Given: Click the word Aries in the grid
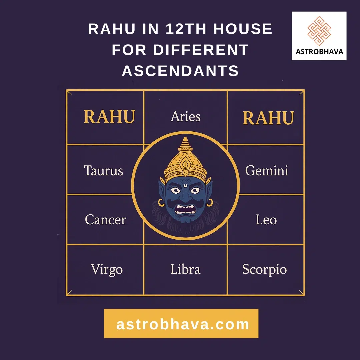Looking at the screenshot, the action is tap(186, 116).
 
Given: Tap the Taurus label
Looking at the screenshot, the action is tap(104, 171).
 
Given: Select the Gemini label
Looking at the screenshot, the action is tap(267, 171).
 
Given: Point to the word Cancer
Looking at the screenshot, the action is tap(105, 219).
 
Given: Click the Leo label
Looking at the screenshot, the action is tap(266, 219).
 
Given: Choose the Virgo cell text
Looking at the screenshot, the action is tap(107, 270).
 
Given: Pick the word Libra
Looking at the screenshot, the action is tap(185, 269).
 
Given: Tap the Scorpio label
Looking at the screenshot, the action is tap(264, 270).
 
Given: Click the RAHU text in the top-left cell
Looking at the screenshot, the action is tap(109, 117).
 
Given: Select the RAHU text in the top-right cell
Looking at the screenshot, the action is tap(268, 118).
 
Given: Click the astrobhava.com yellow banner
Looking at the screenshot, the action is tap(181, 323).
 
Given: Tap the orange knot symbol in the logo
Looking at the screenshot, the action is tap(319, 31).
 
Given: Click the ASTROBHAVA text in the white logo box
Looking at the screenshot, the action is tap(319, 51).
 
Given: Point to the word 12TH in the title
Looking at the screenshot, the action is tap(186, 29).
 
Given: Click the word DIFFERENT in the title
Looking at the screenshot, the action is tap(201, 50).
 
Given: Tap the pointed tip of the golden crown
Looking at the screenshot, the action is tap(185, 138).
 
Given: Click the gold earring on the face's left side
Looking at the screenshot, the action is tap(161, 203).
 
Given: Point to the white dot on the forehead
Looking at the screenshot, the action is tap(185, 186).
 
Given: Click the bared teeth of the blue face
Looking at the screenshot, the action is tap(185, 209).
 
